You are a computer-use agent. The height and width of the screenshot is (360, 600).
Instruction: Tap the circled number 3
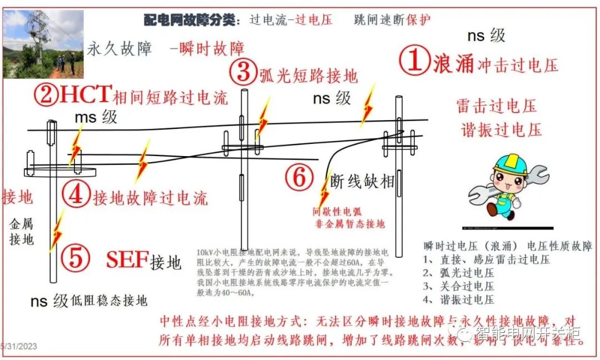pyautogui.click(x=243, y=72)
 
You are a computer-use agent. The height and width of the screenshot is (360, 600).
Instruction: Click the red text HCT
pyautogui.click(x=86, y=95)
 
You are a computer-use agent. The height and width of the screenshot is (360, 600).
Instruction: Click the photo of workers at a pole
pyautogui.click(x=43, y=44)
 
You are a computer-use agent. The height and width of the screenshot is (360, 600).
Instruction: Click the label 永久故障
pyautogui.click(x=119, y=49)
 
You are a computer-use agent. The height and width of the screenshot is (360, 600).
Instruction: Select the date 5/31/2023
pyautogui.click(x=19, y=346)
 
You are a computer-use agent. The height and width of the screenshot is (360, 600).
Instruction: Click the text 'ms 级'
pyautogui.click(x=96, y=118)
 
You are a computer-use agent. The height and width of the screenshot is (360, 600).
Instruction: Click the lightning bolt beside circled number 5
pyautogui.click(x=56, y=233)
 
